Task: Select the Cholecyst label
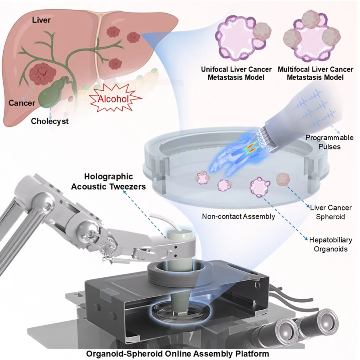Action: pos(50,121)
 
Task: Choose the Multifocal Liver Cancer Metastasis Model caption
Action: pos(315,73)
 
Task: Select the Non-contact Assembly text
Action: pos(239,216)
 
